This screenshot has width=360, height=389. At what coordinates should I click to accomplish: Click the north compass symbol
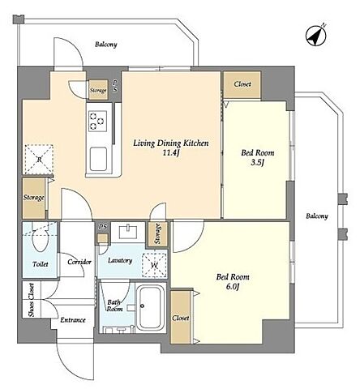click(316, 36)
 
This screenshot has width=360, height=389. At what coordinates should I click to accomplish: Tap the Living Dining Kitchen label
click(171, 143)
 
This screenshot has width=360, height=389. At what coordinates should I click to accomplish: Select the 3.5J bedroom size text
click(257, 162)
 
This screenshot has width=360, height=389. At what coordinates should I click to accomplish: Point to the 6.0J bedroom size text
click(233, 287)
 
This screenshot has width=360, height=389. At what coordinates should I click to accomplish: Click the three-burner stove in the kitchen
click(97, 122)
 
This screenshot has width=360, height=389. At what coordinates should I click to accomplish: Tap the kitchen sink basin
click(98, 159)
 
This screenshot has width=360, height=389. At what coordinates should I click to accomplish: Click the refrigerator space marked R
click(39, 160)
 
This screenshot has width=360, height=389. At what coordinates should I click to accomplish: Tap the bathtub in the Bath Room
click(151, 307)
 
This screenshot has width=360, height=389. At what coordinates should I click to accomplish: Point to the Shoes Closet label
click(32, 300)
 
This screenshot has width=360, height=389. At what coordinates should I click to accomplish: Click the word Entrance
click(73, 320)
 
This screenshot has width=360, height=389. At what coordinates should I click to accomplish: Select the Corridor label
click(79, 262)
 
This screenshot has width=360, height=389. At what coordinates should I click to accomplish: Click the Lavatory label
click(120, 260)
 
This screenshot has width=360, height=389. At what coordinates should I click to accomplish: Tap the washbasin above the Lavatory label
click(128, 232)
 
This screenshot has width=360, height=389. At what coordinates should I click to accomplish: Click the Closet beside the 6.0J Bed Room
click(181, 317)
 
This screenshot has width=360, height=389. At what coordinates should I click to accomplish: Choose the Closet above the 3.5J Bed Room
click(242, 84)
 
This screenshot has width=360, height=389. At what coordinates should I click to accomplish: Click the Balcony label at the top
click(106, 45)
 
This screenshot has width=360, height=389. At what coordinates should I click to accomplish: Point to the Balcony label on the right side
click(317, 216)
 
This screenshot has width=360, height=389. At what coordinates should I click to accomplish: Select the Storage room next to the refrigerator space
click(33, 198)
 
